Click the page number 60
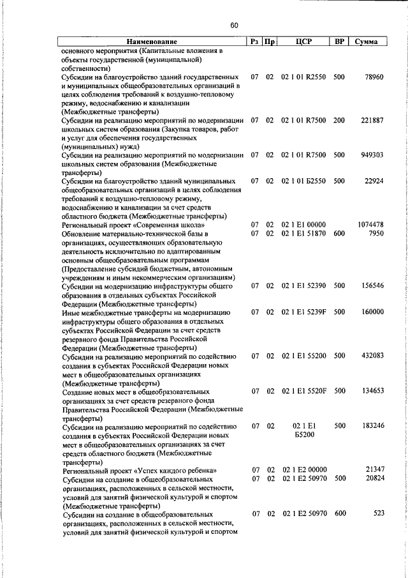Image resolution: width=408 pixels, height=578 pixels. pyautogui.click(x=234, y=26)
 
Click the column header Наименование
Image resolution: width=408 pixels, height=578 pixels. pyautogui.click(x=152, y=42)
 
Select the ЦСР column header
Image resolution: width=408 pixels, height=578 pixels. pyautogui.click(x=303, y=42)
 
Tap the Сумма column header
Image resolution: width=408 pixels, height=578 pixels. pyautogui.click(x=367, y=42)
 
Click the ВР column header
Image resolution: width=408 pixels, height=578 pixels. pyautogui.click(x=340, y=42)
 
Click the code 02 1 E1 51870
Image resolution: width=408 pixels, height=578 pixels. pyautogui.click(x=304, y=233)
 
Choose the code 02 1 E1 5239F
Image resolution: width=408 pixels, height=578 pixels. pyautogui.click(x=304, y=312)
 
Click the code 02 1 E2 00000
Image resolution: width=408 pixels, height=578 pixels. pyautogui.click(x=304, y=469)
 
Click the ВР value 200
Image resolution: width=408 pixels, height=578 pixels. pyautogui.click(x=339, y=120)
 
